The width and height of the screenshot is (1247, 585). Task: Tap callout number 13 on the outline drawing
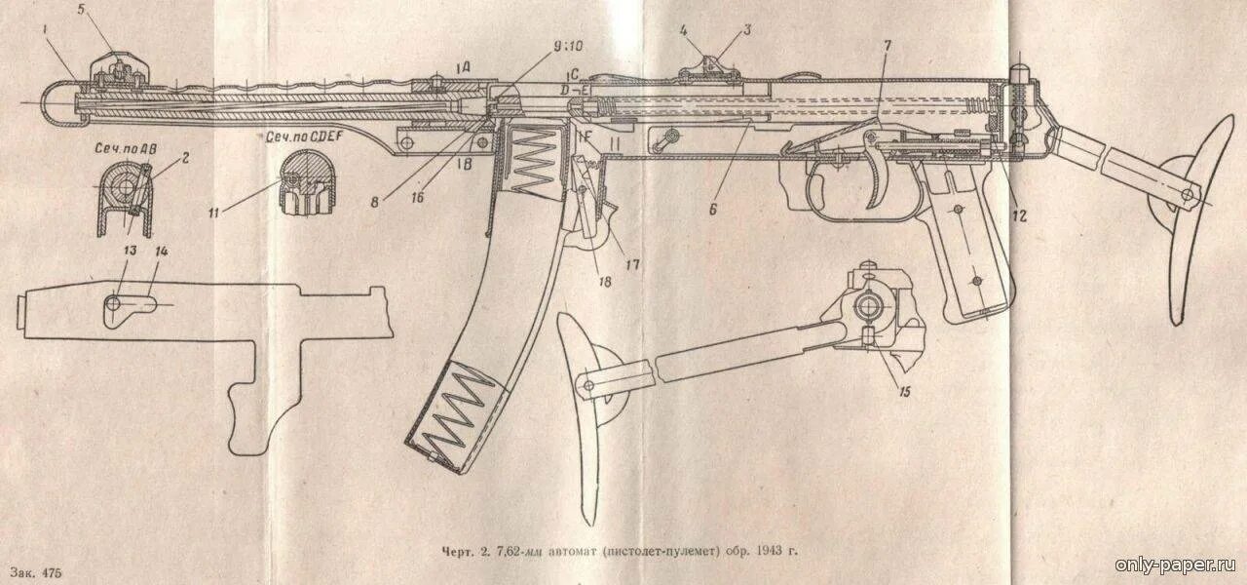click(129, 251)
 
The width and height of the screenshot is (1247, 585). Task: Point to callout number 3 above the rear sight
click(747, 29)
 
